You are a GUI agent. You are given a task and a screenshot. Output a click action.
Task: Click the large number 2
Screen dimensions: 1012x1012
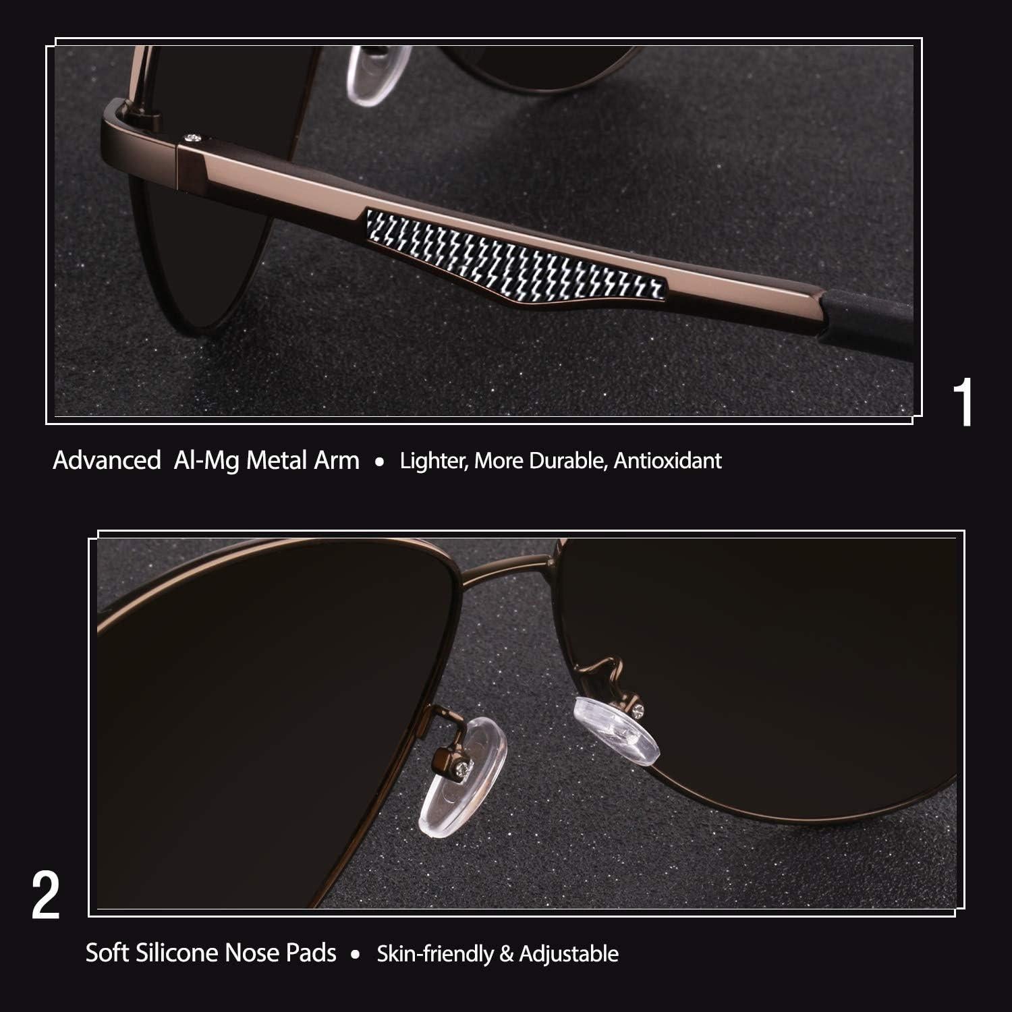[46, 895]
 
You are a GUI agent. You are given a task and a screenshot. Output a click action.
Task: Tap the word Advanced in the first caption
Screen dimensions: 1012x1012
[107, 461]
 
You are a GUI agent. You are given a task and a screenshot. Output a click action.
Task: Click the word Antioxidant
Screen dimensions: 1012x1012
[667, 461]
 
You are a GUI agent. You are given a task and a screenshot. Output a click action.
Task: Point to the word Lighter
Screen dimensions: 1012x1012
[433, 461]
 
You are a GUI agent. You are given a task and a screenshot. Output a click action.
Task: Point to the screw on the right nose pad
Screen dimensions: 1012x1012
[639, 708]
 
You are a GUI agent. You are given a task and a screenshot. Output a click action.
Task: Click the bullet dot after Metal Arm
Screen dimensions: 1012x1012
[380, 463]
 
